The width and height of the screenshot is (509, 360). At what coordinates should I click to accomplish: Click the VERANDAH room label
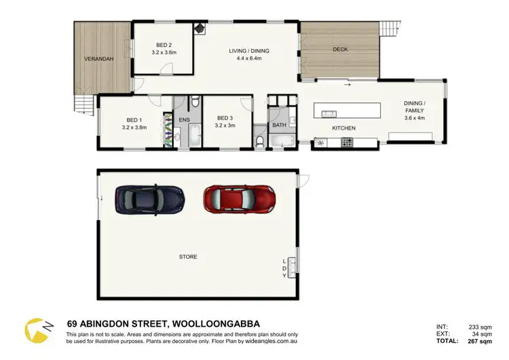(x=99, y=59)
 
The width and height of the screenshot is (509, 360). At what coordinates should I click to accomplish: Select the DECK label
(x=340, y=50)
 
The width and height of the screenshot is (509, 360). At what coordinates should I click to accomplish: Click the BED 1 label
(x=133, y=119)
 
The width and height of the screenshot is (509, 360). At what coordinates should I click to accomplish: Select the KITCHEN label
(x=344, y=128)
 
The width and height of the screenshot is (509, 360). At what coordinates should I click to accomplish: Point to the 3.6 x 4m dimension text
(x=414, y=118)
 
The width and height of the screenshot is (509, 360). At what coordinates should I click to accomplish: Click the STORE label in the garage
(x=188, y=257)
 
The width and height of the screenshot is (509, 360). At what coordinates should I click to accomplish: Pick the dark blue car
(x=149, y=198)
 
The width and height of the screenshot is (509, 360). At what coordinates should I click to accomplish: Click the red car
(x=240, y=198)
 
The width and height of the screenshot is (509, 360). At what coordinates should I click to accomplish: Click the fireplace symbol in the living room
(x=200, y=29)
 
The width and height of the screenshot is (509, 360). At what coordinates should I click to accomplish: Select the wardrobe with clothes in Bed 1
(x=167, y=128)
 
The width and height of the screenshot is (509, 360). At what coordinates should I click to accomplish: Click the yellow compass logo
(x=35, y=329)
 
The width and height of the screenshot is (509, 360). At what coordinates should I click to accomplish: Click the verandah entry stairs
(x=83, y=105)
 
